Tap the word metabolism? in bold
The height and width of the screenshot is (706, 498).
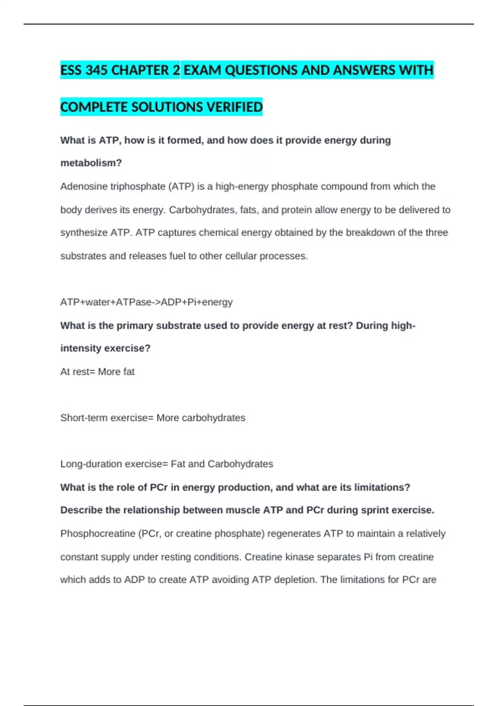click(x=91, y=163)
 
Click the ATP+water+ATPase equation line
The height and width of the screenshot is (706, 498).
click(x=146, y=302)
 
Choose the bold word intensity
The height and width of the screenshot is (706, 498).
click(x=80, y=348)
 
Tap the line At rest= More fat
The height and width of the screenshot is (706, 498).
click(x=98, y=372)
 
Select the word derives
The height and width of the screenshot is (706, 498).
click(x=101, y=210)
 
